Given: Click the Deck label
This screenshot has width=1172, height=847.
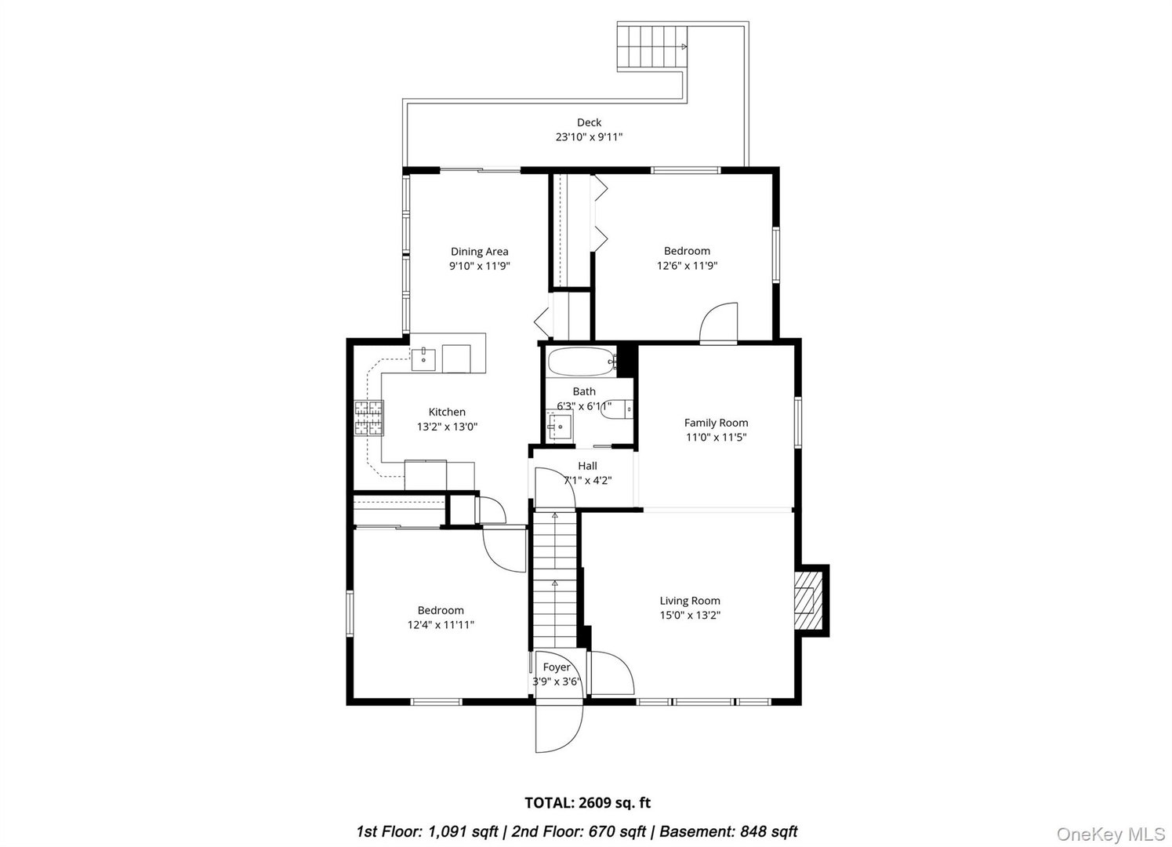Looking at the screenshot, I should coord(589,122).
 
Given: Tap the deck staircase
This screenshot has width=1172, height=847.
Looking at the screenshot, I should coord(651,47).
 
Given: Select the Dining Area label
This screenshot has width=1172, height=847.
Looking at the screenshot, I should coord(479,252).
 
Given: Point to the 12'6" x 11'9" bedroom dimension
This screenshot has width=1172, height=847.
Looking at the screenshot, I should coord(687,266).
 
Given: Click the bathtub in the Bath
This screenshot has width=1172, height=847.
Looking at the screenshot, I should coord(579,362).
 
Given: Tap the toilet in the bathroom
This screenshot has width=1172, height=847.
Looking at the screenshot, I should coord(619,409).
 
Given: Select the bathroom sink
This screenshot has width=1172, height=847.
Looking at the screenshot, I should coord(560,427).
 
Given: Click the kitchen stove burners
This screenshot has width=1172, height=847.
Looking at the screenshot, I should coord(370,418).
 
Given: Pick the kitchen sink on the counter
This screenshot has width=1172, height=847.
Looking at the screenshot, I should coord(423,359).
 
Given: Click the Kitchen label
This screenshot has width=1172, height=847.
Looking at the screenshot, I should coord(447,412).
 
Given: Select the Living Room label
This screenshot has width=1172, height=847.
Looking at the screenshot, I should coord(690,601).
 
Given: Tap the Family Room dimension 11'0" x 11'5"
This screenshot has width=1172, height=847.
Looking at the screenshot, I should coord(716,438).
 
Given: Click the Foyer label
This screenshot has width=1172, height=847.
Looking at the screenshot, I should coord(557,667).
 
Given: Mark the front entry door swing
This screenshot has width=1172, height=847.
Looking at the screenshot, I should coord(559,728).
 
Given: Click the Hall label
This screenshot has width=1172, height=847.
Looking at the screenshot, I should coord(587,466).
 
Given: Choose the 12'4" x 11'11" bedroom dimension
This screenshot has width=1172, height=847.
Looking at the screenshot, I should coord(440,625).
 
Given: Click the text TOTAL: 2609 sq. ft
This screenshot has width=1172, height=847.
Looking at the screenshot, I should coord(587,802).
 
